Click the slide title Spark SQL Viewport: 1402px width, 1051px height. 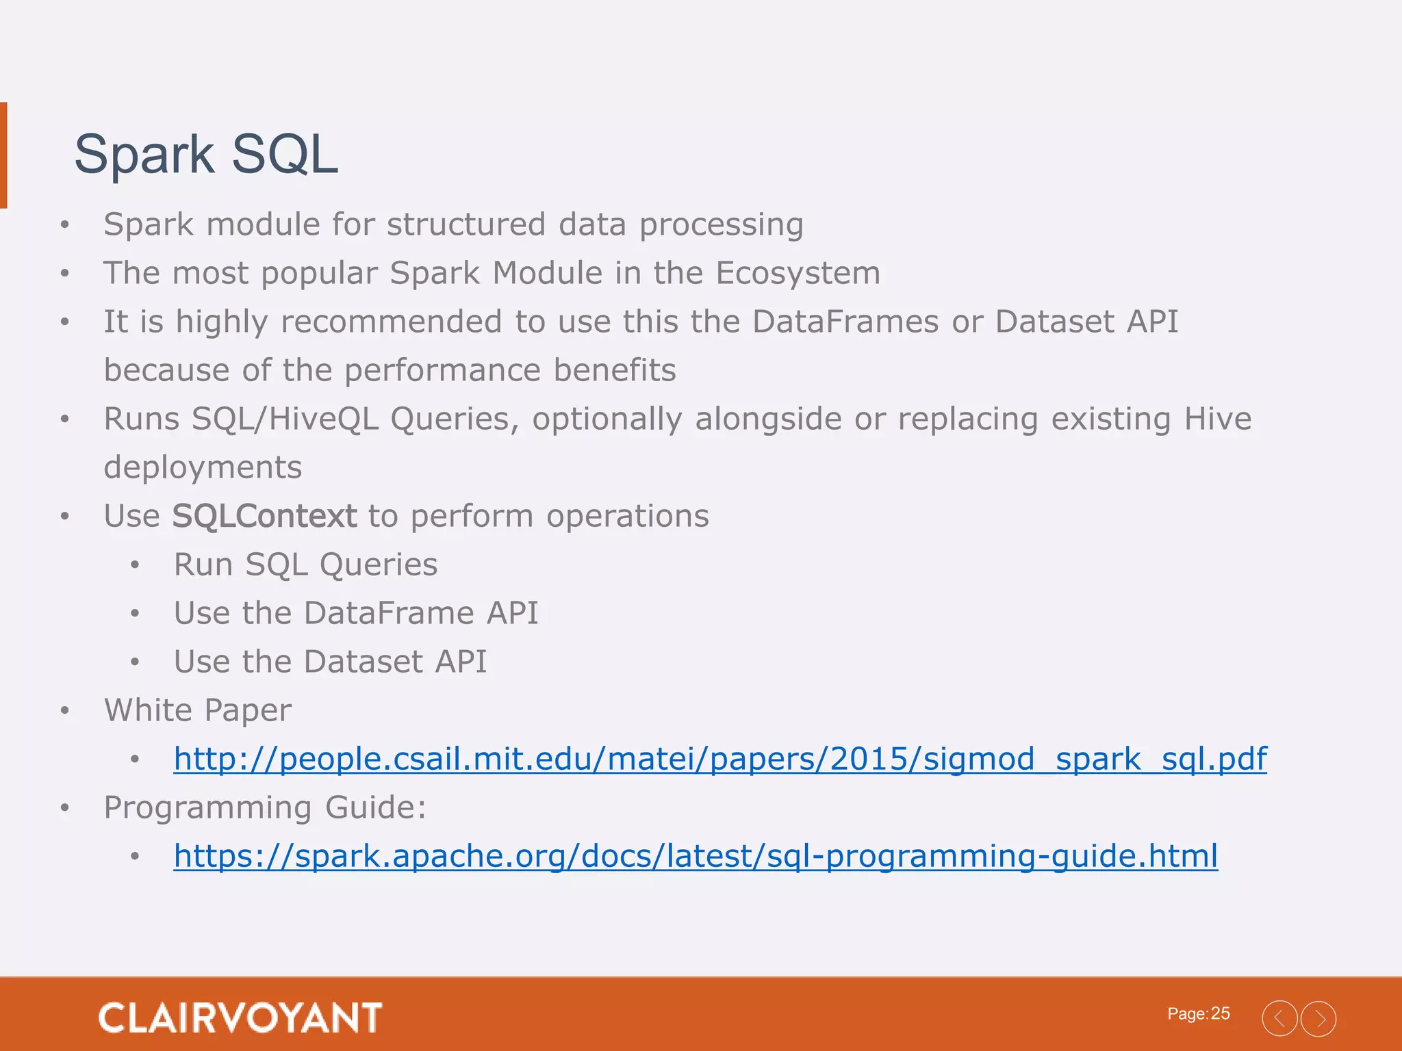pos(205,155)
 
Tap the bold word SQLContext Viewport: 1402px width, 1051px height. pos(264,516)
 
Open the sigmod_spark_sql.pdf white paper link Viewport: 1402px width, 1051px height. pos(720,759)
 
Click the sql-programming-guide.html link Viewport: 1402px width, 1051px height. pos(696,856)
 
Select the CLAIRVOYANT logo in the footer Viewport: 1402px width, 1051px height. pos(240,1017)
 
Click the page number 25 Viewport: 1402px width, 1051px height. pos(1220,1013)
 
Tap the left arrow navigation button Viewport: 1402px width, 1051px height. pos(1279,1019)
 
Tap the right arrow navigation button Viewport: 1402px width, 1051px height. pos(1318,1019)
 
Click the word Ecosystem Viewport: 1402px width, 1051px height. pos(798,273)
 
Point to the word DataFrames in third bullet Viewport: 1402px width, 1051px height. pos(845,322)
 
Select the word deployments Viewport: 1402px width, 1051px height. pos(203,468)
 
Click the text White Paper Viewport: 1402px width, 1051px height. pos(197,710)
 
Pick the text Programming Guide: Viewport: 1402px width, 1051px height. pos(265,807)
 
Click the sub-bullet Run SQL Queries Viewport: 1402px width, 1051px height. pos(305,565)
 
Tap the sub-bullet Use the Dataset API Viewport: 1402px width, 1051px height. pos(330,662)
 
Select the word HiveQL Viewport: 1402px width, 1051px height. pos(323,419)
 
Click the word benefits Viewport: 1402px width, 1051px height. pos(614,370)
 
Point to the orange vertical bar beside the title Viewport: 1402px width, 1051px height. pos(3,155)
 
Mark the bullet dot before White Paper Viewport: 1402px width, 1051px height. pos(65,710)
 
